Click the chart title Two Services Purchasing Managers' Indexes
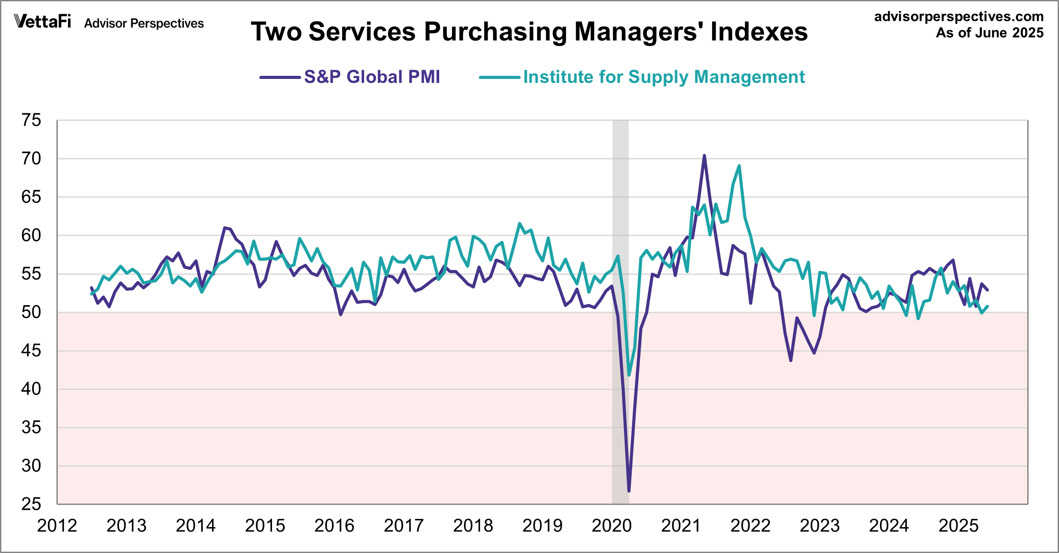529,32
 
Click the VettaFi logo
42,21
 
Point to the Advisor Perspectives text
144,23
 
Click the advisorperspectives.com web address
958,17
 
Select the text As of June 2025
989,33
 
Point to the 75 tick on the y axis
31,120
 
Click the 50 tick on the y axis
31,312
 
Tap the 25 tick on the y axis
31,504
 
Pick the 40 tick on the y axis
31,389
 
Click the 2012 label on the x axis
57,526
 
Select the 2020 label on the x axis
612,526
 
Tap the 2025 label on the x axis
958,526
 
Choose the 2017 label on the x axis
404,526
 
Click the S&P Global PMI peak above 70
704,156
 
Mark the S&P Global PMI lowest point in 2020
629,490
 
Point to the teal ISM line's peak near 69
739,166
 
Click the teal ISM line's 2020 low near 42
629,375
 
